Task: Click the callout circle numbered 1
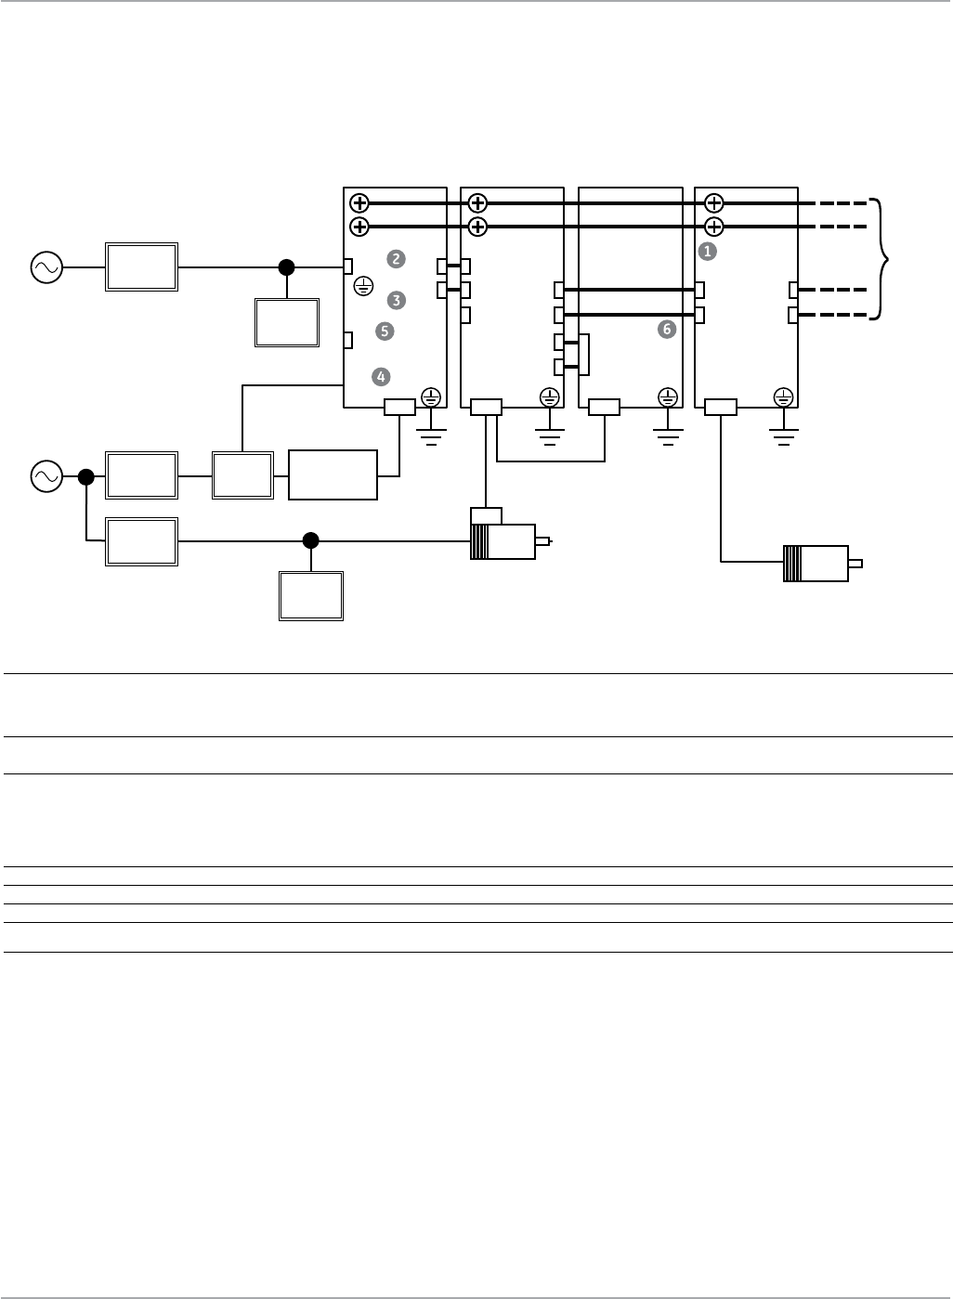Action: tap(707, 251)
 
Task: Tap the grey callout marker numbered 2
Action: tap(397, 259)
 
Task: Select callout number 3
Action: tap(397, 300)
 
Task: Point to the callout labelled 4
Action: tap(380, 376)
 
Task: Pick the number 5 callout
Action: tap(385, 331)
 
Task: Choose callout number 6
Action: tap(666, 329)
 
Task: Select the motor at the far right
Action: tap(816, 564)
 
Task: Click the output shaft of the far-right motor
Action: tap(855, 564)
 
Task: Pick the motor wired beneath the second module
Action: tap(503, 541)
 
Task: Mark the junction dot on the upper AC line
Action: tap(287, 267)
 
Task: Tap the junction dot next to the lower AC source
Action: tap(85, 476)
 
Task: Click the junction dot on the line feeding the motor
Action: tap(311, 539)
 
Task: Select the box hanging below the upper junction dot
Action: tap(287, 322)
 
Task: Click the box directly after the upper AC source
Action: tap(141, 267)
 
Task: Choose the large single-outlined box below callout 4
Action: tap(333, 474)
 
